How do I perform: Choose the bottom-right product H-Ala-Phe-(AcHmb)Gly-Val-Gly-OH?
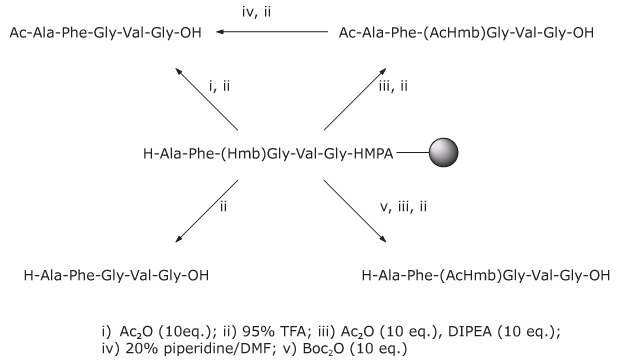click(x=485, y=272)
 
